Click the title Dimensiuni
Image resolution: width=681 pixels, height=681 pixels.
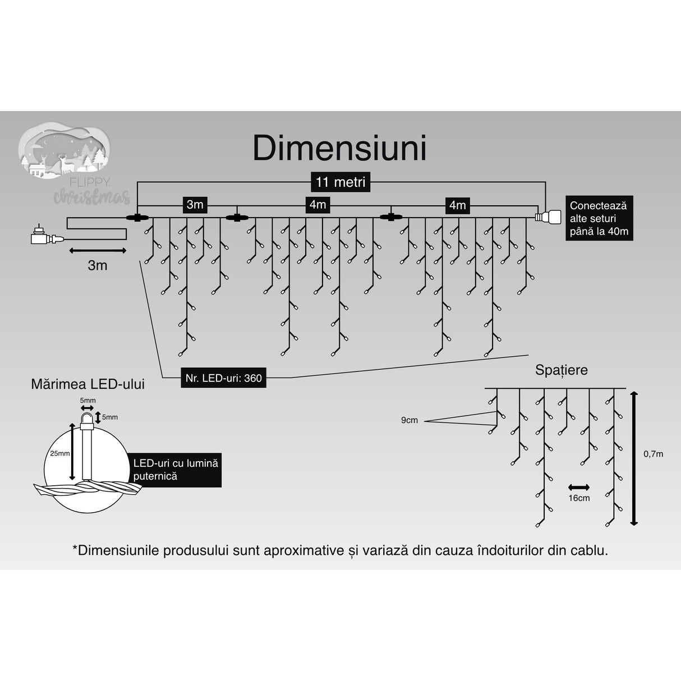point(339,149)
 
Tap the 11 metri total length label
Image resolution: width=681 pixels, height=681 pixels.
point(340,182)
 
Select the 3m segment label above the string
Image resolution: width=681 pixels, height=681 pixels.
point(195,204)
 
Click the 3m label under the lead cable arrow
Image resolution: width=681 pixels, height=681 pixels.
point(98,265)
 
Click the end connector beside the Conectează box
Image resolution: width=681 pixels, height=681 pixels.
point(548,217)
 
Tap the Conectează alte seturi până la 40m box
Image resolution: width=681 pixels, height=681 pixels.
point(599,218)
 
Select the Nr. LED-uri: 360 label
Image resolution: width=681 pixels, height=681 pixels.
point(224,378)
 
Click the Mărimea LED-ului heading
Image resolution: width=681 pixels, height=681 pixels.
point(88,384)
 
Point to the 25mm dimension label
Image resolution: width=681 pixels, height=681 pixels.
point(59,453)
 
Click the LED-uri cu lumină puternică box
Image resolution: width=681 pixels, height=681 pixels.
point(175,470)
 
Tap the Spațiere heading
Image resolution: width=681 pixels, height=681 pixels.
point(561,370)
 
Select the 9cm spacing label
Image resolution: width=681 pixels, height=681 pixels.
point(409,420)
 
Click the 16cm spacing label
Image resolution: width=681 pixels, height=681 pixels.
point(579,498)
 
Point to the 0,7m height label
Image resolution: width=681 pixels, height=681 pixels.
point(653,454)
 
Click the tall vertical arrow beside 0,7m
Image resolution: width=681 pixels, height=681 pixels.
point(634,458)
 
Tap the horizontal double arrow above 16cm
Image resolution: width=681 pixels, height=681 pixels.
point(579,487)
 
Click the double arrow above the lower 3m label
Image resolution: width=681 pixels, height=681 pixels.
point(98,250)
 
